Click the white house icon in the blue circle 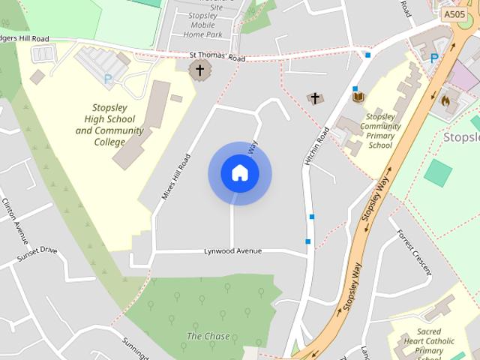pyautogui.click(x=239, y=173)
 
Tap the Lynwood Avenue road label pyautogui.click(x=232, y=251)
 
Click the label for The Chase pyautogui.click(x=208, y=336)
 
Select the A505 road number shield pyautogui.click(x=453, y=14)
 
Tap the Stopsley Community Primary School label pyautogui.click(x=380, y=130)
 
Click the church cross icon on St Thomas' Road pyautogui.click(x=199, y=71)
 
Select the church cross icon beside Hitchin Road pyautogui.click(x=316, y=98)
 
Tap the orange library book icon pyautogui.click(x=358, y=97)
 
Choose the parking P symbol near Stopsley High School pyautogui.click(x=108, y=78)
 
